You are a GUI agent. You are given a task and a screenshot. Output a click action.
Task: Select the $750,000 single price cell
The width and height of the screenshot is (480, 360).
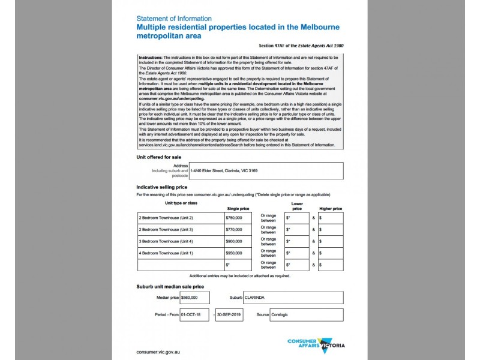[239, 217]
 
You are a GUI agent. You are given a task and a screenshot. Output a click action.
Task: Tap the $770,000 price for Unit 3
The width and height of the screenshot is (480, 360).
[239, 229]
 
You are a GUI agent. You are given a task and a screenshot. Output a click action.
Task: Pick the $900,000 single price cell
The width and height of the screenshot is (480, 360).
[239, 241]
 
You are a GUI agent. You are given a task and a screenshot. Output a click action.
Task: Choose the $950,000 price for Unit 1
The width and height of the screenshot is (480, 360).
[239, 253]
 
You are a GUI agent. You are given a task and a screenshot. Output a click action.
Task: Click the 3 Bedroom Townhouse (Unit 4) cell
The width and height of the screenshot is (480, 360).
[179, 241]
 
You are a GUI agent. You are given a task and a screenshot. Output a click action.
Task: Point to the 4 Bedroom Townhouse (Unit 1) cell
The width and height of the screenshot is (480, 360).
[179, 253]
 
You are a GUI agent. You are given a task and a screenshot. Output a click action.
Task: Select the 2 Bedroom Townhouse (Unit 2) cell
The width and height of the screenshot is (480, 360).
[179, 217]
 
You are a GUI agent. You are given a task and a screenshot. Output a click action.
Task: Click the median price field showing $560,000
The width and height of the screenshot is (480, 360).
[195, 298]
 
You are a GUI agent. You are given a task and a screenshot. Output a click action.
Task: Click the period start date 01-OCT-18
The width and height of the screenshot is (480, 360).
[195, 314]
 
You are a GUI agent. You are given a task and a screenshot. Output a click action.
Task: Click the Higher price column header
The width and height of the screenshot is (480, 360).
[330, 208]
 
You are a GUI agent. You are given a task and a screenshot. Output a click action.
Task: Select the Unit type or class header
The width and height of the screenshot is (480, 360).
[172, 203]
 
